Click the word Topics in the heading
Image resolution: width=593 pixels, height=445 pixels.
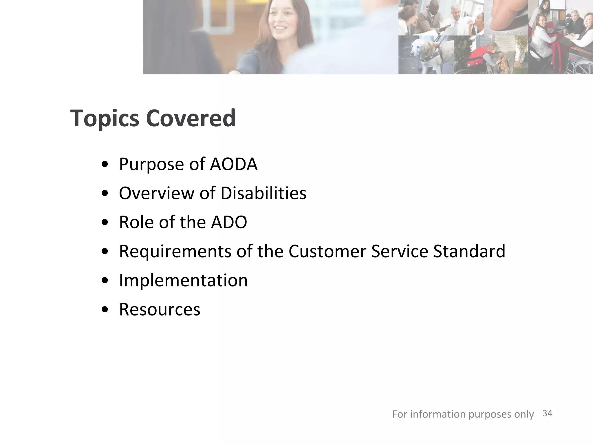pyautogui.click(x=105, y=118)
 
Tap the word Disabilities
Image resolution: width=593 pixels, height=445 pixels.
pyautogui.click(x=263, y=193)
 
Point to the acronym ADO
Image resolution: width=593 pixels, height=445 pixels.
pyautogui.click(x=229, y=222)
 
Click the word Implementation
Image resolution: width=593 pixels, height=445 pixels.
pyautogui.click(x=183, y=280)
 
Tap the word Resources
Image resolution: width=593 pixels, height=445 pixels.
pyautogui.click(x=160, y=309)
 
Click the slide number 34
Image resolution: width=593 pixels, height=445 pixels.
pyautogui.click(x=547, y=413)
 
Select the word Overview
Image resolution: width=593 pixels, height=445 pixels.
pyautogui.click(x=157, y=193)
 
